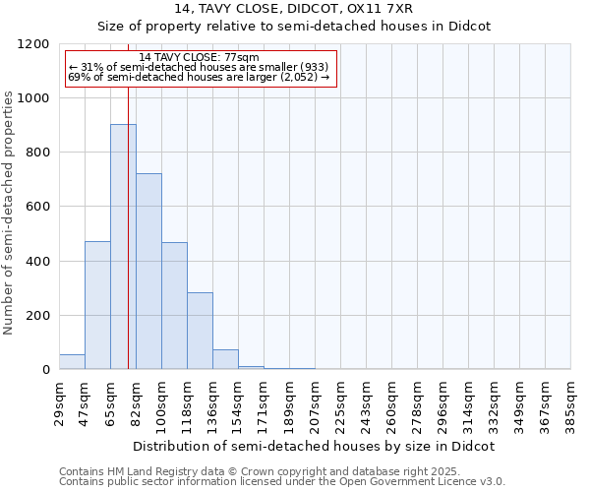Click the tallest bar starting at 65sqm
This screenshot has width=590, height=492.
coord(123,246)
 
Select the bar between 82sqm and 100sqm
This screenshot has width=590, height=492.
coord(148,272)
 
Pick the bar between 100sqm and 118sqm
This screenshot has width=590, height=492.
coord(174,306)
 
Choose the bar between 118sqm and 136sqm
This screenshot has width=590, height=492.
coord(200,331)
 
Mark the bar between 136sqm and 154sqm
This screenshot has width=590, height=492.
coord(225,359)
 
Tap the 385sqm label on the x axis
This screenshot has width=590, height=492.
coord(570,400)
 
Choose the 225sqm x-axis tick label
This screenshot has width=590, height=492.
coord(340,400)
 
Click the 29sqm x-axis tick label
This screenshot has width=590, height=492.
coord(59,400)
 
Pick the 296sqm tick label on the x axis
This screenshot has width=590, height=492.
coord(442,400)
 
